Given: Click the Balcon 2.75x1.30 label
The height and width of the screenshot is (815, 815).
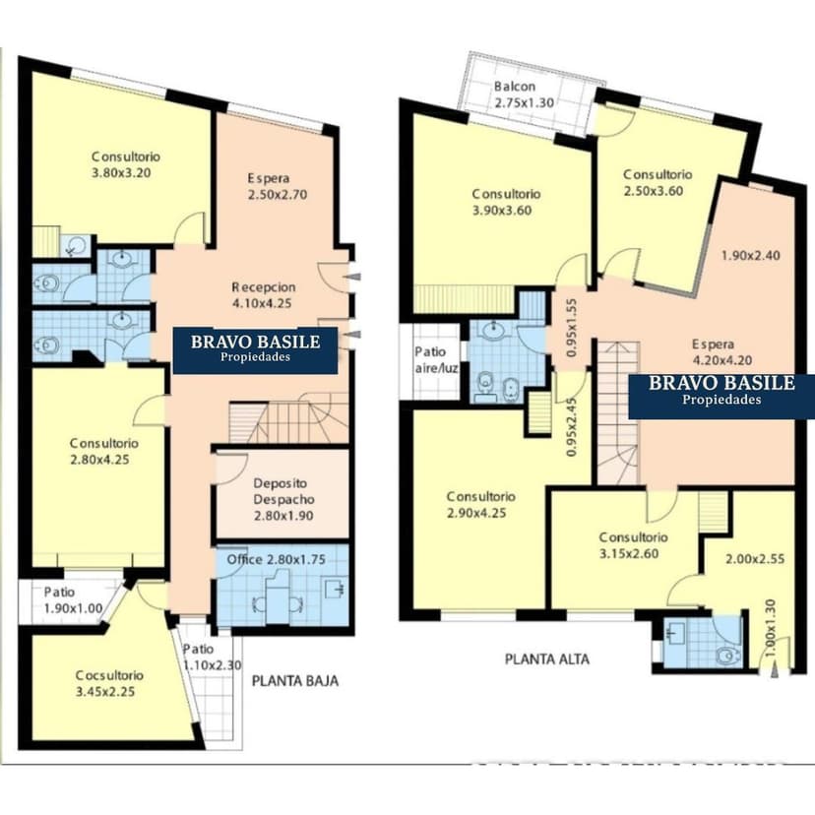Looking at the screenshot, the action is tap(524, 94).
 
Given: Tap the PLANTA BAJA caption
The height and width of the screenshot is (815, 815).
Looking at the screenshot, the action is tap(295, 680).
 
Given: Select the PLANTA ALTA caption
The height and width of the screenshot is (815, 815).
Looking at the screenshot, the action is tap(547, 659).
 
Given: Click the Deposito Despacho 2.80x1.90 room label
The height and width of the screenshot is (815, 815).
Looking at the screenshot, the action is tap(283, 499).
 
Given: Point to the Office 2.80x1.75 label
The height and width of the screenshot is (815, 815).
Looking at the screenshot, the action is tap(276, 559).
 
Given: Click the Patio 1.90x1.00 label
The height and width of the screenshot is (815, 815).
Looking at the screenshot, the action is tap(73, 600).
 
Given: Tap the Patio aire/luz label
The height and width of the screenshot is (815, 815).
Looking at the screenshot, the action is tap(437, 360).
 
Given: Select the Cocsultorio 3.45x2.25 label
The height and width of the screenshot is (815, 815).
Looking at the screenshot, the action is tap(109, 683).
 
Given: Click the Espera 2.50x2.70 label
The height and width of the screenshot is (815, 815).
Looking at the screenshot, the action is tap(278, 187).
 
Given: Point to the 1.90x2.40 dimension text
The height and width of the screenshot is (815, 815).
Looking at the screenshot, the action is tap(751, 255).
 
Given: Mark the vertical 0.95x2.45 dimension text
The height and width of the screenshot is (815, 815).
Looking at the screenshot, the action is tap(571, 427).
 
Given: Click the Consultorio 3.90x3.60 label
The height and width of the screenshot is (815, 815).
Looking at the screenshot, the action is tap(506, 202).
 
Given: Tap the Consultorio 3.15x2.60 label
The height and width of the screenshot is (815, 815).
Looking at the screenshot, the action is tap(633, 545).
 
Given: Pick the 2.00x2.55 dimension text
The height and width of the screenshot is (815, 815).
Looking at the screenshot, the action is tap(755, 559).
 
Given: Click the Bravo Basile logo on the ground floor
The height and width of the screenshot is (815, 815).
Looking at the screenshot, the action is tap(255, 350).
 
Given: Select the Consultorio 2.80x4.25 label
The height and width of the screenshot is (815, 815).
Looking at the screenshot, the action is tap(104, 451).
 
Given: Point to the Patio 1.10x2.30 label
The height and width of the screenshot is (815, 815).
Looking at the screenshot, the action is tap(212, 657).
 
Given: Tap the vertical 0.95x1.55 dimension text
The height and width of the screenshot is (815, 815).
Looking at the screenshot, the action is tap(571, 328).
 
